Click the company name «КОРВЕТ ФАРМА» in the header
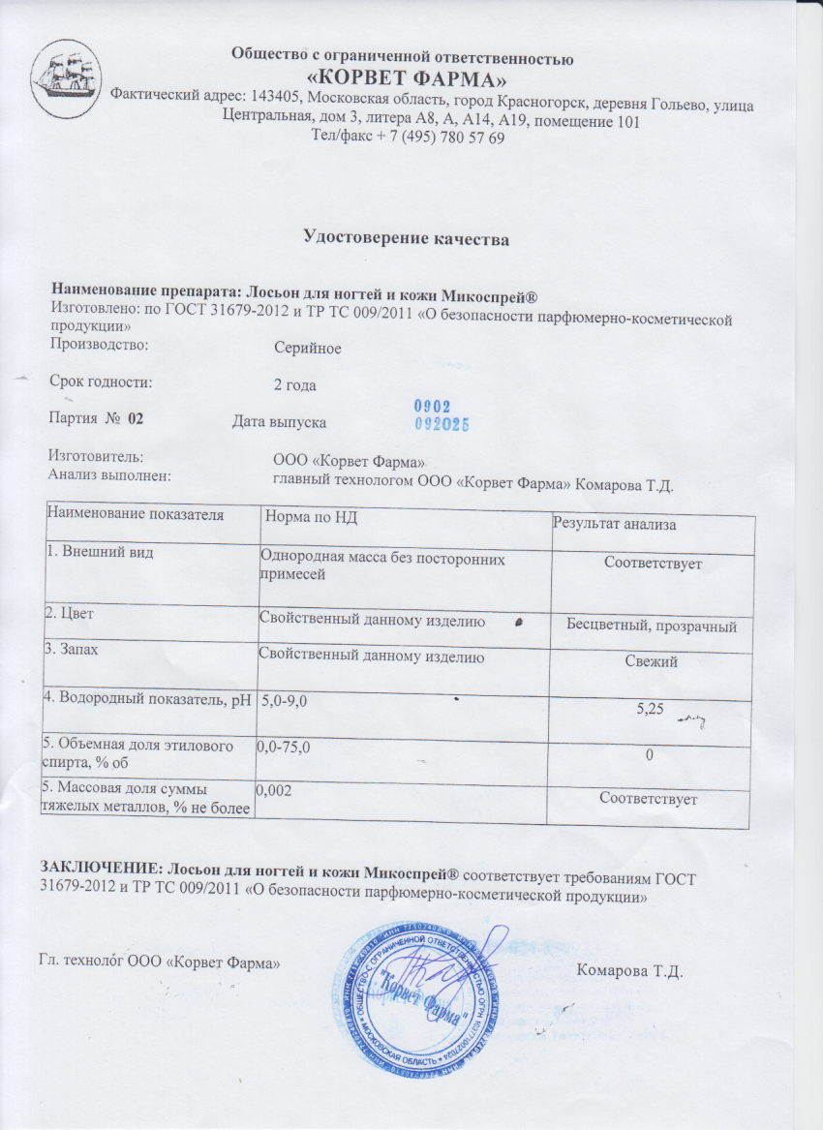(403, 78)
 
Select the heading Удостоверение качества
(407, 237)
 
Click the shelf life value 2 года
(296, 384)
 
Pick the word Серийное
(307, 348)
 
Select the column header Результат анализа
(614, 524)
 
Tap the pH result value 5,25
(650, 710)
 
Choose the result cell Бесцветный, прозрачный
(652, 626)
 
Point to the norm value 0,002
(274, 791)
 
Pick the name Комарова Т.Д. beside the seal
(630, 970)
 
